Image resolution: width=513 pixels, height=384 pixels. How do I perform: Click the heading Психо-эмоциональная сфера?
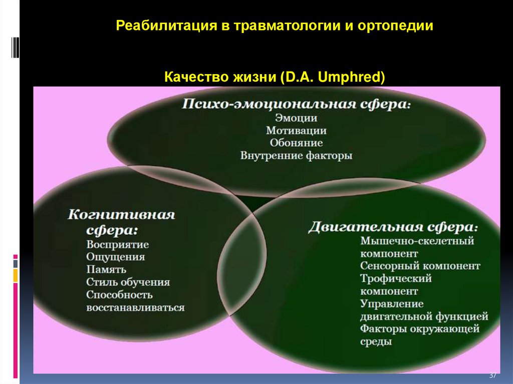click(296, 105)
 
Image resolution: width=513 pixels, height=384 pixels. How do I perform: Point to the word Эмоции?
click(296, 118)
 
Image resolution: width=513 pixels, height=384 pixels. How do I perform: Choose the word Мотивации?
click(296, 131)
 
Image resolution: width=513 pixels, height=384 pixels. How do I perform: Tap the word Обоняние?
click(296, 143)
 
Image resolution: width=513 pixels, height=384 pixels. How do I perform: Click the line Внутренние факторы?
click(296, 156)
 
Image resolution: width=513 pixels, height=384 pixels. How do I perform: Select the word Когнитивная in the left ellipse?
click(121, 215)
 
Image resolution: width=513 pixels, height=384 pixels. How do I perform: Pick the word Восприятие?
click(117, 245)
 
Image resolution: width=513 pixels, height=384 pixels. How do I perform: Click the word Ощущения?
click(115, 257)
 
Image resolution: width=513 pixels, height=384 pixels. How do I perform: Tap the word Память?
click(107, 270)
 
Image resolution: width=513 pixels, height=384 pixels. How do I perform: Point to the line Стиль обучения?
click(128, 282)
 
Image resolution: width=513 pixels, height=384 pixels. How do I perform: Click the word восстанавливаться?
click(135, 307)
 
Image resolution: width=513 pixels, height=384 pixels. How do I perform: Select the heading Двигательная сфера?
click(393, 226)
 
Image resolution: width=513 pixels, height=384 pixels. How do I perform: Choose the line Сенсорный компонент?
click(420, 266)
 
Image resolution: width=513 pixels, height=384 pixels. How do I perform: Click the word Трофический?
click(396, 278)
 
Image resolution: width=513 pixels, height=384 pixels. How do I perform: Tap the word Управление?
click(391, 304)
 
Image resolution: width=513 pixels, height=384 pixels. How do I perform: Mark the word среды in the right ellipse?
click(376, 342)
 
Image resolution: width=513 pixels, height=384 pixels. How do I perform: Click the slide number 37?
click(492, 375)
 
